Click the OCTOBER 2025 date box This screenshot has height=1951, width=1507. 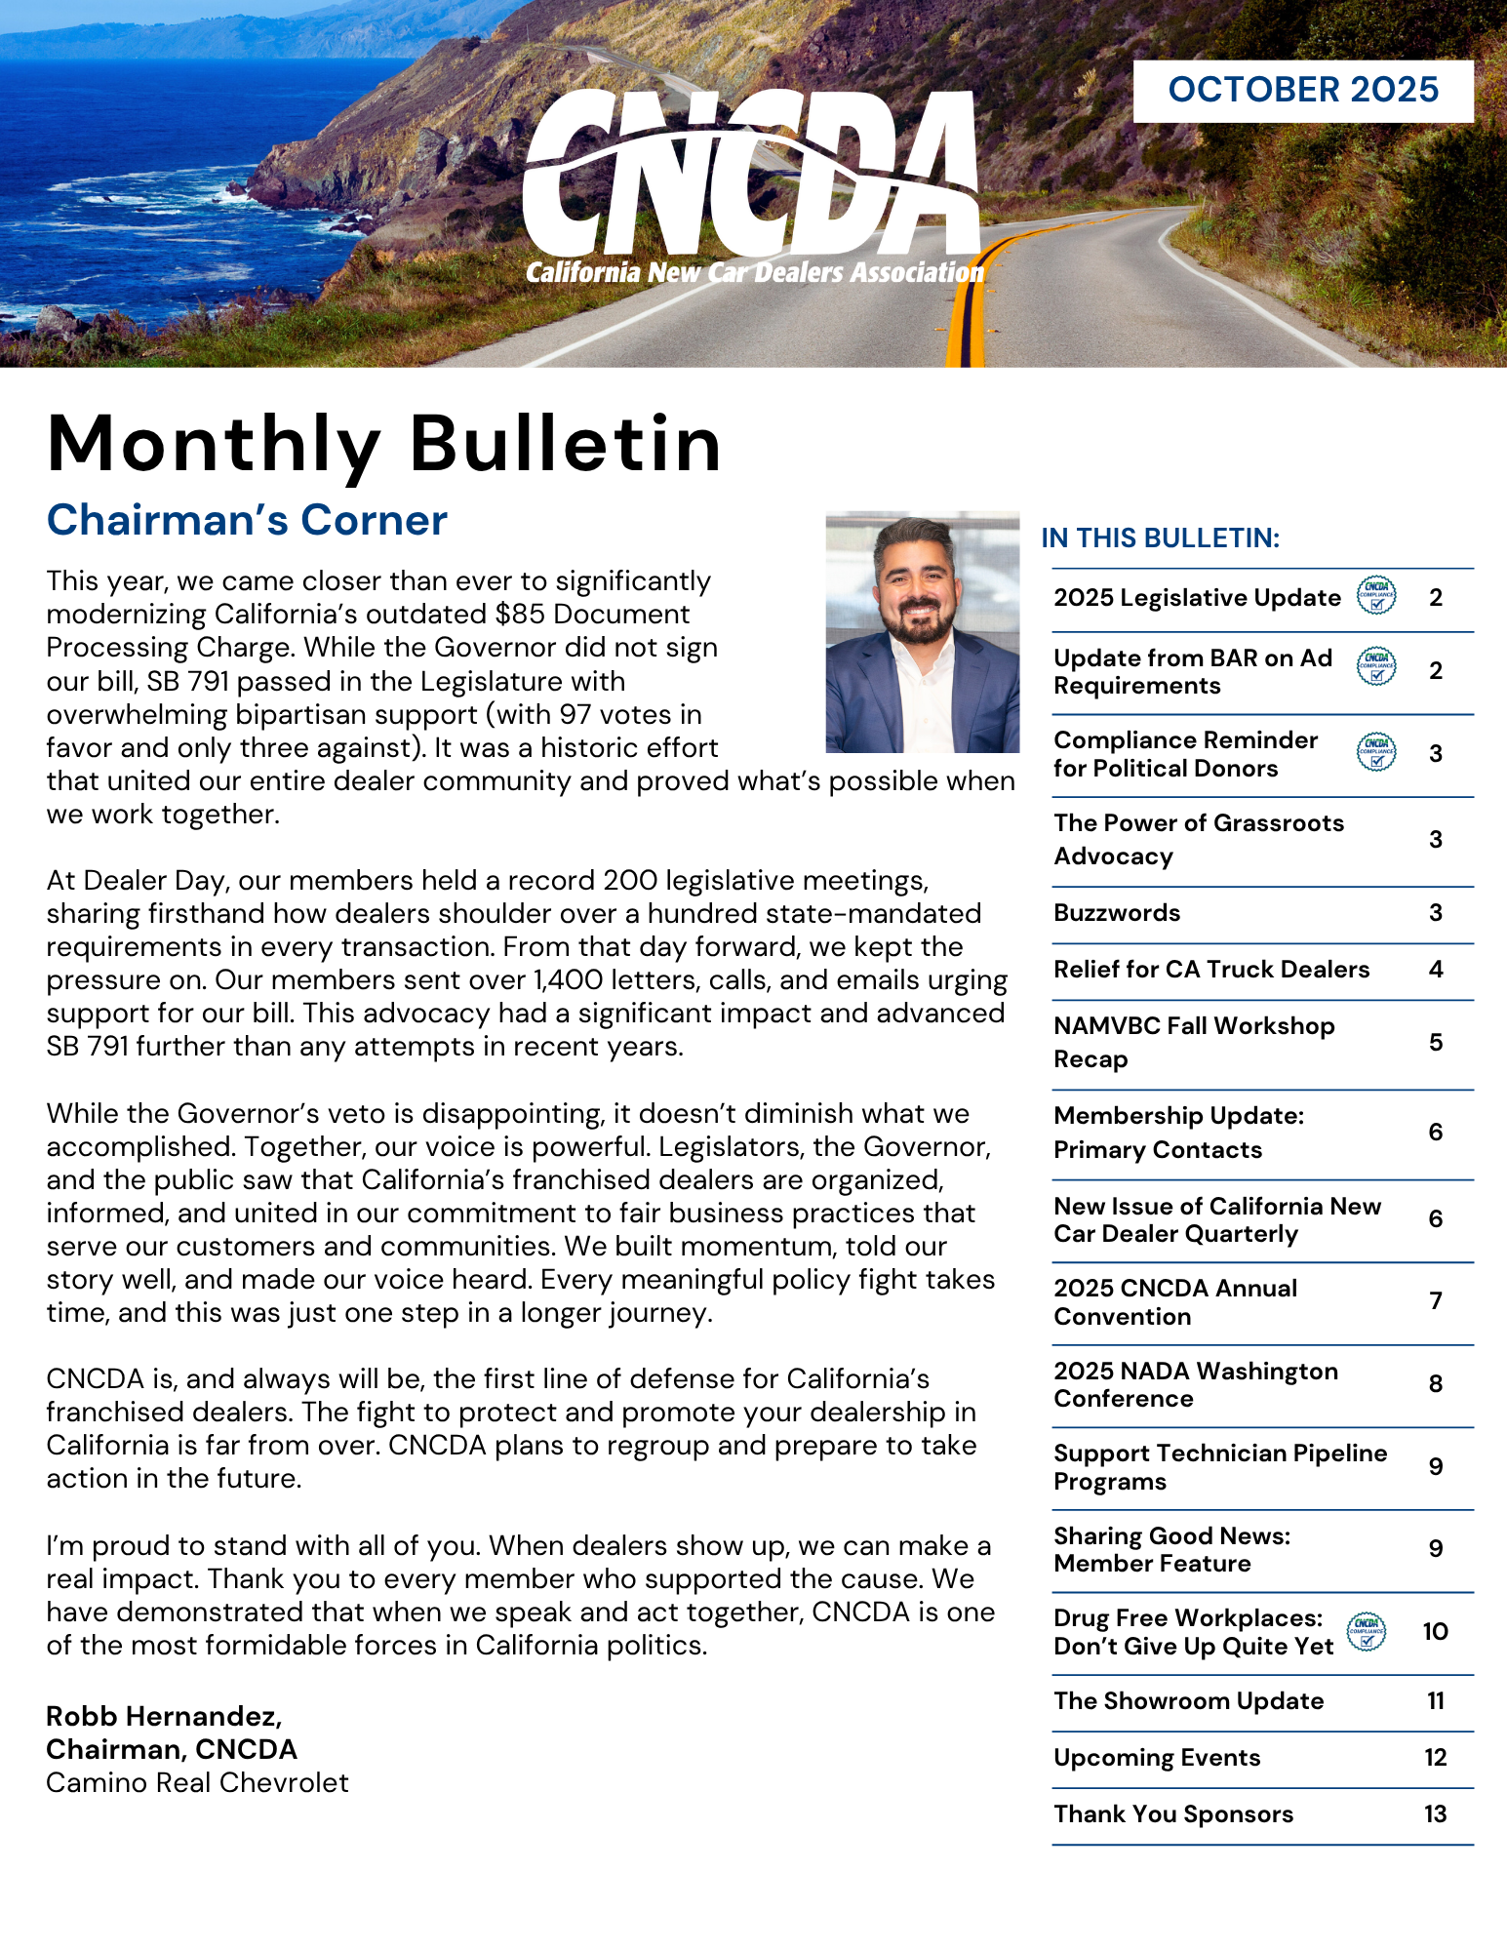point(1302,91)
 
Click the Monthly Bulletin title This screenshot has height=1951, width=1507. point(384,444)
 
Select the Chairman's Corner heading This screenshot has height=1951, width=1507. point(247,520)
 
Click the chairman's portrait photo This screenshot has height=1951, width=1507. point(922,632)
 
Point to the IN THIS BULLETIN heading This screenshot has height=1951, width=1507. point(1160,538)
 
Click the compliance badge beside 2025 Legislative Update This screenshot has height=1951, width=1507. point(1376,595)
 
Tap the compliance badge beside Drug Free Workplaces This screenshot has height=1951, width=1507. point(1367,1631)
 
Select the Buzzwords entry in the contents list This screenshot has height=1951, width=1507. point(1117,913)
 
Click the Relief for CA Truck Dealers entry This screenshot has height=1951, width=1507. point(1211,970)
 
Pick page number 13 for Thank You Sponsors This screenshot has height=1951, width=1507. point(1435,1814)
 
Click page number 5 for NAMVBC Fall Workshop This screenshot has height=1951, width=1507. point(1436,1043)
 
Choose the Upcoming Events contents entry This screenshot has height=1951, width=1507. point(1157,1758)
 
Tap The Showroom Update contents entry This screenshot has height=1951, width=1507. point(1188,1701)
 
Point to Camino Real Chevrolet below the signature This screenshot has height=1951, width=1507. point(197,1783)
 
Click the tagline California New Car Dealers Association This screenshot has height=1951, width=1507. point(755,272)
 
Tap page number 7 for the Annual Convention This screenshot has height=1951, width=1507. point(1436,1301)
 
